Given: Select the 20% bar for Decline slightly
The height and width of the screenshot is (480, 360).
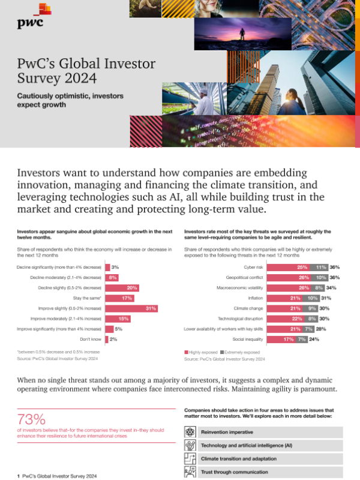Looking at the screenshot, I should pos(122,287).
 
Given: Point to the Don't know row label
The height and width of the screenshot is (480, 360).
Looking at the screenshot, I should pos(91,340).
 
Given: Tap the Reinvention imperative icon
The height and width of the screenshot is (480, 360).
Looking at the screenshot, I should pos(190,432).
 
